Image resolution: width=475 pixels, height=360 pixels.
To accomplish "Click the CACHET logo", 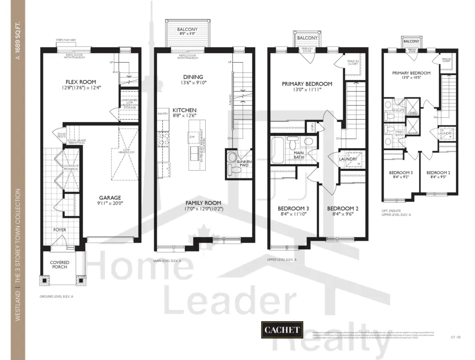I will (x=282, y=330).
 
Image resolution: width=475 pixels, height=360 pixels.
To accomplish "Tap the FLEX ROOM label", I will (x=81, y=82).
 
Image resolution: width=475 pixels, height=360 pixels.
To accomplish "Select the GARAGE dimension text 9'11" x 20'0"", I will (x=110, y=203).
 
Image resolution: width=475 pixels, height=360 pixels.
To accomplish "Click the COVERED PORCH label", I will (x=59, y=265).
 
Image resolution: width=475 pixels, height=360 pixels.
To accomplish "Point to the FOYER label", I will (x=59, y=229).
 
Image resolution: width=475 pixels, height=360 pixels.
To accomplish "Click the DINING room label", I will (x=193, y=77).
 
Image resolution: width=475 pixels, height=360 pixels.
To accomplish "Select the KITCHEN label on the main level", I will (x=184, y=110).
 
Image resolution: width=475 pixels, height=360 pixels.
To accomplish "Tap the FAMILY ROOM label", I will (x=203, y=203).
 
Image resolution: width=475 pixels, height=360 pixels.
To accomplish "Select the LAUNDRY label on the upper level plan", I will (x=348, y=159).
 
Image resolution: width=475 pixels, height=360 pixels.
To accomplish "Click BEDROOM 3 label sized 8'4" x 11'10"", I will (x=293, y=209).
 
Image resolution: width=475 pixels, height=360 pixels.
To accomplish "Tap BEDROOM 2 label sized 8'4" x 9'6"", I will (x=343, y=209).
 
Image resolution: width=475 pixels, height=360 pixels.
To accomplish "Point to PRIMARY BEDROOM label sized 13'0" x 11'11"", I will (x=307, y=84).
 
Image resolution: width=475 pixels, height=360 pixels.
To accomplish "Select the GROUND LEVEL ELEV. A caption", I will (x=56, y=296).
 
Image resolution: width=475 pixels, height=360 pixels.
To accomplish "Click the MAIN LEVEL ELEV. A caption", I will (x=167, y=260).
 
